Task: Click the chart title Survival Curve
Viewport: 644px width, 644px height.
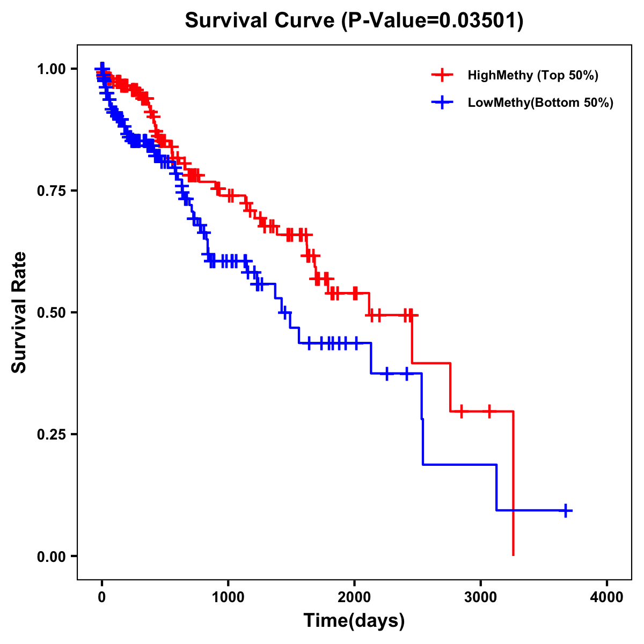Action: click(260, 21)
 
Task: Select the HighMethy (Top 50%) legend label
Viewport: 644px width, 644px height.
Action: click(532, 75)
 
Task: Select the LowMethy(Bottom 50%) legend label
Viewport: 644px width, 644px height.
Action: click(540, 103)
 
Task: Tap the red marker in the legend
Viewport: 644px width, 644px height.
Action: click(442, 75)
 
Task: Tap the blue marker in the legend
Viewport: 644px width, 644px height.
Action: click(442, 103)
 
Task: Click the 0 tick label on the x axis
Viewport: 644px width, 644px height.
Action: click(102, 597)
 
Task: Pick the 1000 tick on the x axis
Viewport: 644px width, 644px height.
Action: click(228, 597)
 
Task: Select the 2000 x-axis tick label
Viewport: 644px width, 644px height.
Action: click(354, 597)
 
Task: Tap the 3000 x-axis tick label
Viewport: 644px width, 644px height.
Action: click(480, 597)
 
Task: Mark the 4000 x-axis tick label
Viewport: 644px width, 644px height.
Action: click(607, 597)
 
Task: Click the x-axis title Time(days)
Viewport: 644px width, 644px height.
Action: click(354, 621)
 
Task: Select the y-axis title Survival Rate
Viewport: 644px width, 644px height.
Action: click(19, 312)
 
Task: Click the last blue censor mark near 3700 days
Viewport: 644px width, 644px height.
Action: click(565, 510)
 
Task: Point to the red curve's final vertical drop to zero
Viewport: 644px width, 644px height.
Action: click(514, 483)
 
